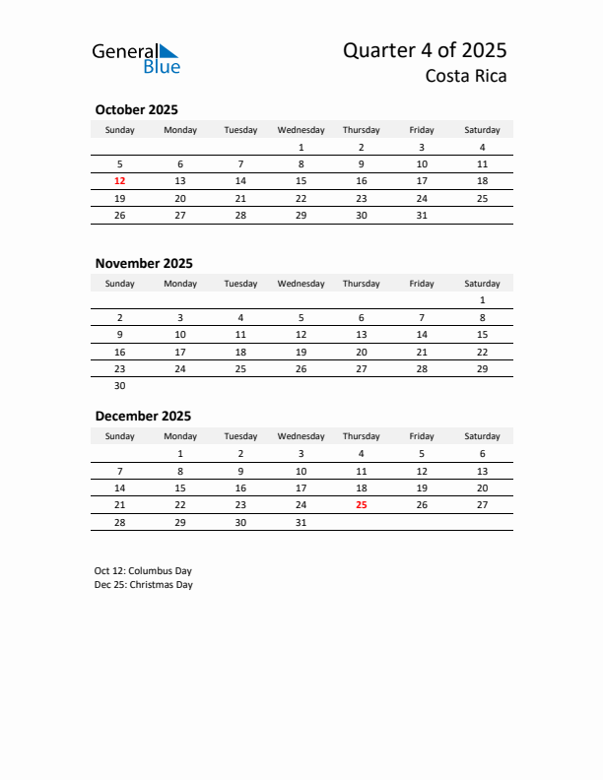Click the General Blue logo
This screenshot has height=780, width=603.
(x=136, y=58)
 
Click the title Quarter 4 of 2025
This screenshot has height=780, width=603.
(x=425, y=51)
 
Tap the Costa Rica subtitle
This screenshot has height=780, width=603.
(x=466, y=76)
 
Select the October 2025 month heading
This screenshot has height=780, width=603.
(x=136, y=110)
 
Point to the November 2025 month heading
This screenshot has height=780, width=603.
(x=144, y=263)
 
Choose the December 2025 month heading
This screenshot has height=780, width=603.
(x=143, y=416)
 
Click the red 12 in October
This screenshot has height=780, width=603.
(x=120, y=181)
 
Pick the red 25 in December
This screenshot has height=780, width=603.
(x=361, y=504)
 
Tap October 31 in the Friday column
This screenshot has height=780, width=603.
(x=422, y=216)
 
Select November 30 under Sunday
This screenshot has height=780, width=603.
(x=120, y=386)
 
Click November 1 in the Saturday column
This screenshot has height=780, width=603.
(x=482, y=300)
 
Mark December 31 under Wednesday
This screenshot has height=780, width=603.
(x=301, y=522)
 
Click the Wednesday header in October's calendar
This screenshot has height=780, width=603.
(x=301, y=130)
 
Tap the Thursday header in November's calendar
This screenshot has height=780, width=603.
(x=361, y=284)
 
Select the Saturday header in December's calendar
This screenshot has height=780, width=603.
(x=482, y=436)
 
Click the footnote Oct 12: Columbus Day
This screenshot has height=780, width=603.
(x=143, y=571)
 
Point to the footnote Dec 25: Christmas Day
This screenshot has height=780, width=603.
(x=144, y=585)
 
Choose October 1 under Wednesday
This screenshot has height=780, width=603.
(x=301, y=148)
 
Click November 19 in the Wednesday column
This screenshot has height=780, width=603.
(x=301, y=352)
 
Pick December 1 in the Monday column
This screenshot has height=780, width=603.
(x=180, y=454)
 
